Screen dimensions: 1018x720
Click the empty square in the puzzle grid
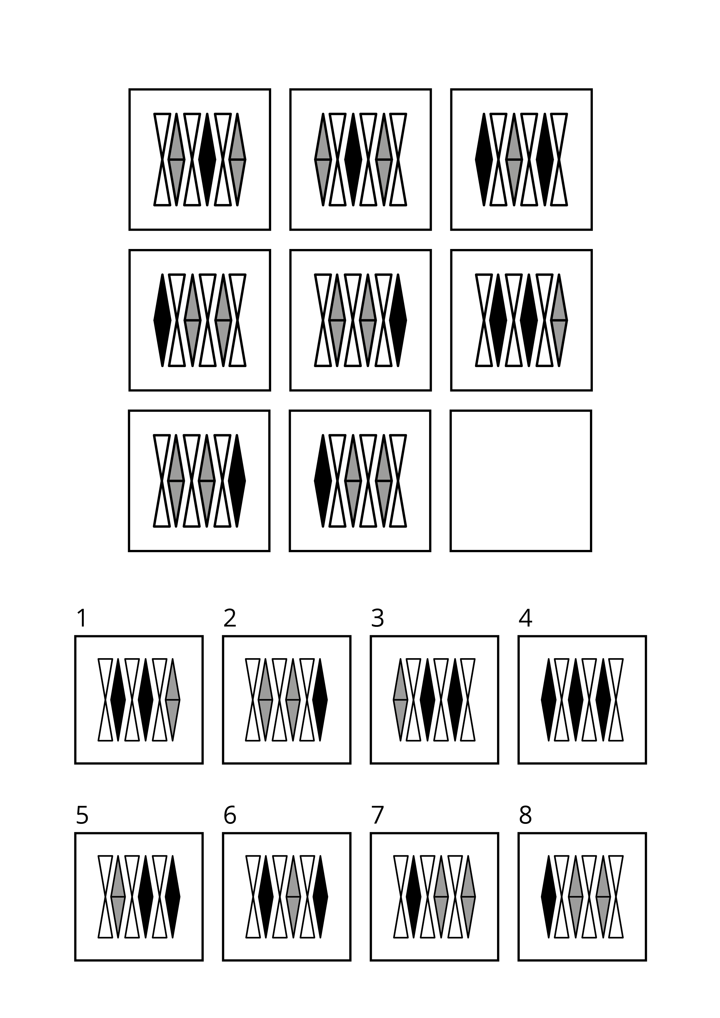(521, 481)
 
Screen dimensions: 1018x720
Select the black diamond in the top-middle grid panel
(353, 160)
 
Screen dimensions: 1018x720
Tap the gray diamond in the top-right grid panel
(514, 160)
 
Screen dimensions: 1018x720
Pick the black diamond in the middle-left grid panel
(162, 320)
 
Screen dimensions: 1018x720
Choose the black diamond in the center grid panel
(398, 320)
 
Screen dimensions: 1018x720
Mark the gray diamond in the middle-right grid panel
(559, 320)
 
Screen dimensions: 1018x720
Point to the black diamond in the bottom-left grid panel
(237, 481)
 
